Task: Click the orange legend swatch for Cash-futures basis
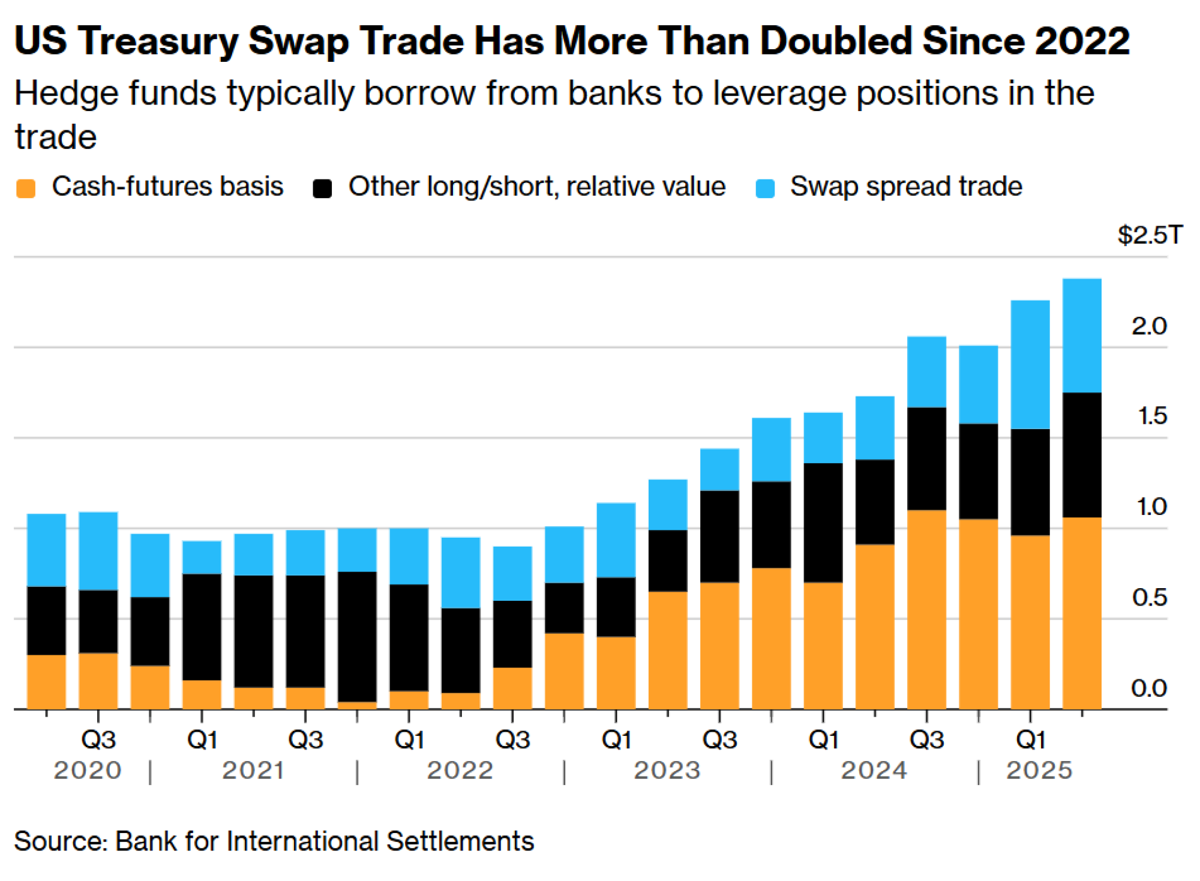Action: pos(26,188)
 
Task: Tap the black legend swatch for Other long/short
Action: pos(322,188)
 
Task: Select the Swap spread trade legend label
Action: pos(905,186)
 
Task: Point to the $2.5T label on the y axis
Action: pos(1150,235)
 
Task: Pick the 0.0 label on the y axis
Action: pos(1148,688)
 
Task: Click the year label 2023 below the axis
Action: pos(667,771)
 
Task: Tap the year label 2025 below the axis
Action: pos(1039,771)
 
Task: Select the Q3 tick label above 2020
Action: pos(98,739)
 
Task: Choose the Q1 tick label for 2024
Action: pos(823,739)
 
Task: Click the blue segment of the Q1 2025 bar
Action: pos(1030,364)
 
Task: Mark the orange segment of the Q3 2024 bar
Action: pos(926,609)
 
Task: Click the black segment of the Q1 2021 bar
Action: pos(202,627)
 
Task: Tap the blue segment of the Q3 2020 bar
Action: pos(98,550)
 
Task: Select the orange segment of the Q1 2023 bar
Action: pos(616,672)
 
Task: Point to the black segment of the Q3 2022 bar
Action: pos(512,634)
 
